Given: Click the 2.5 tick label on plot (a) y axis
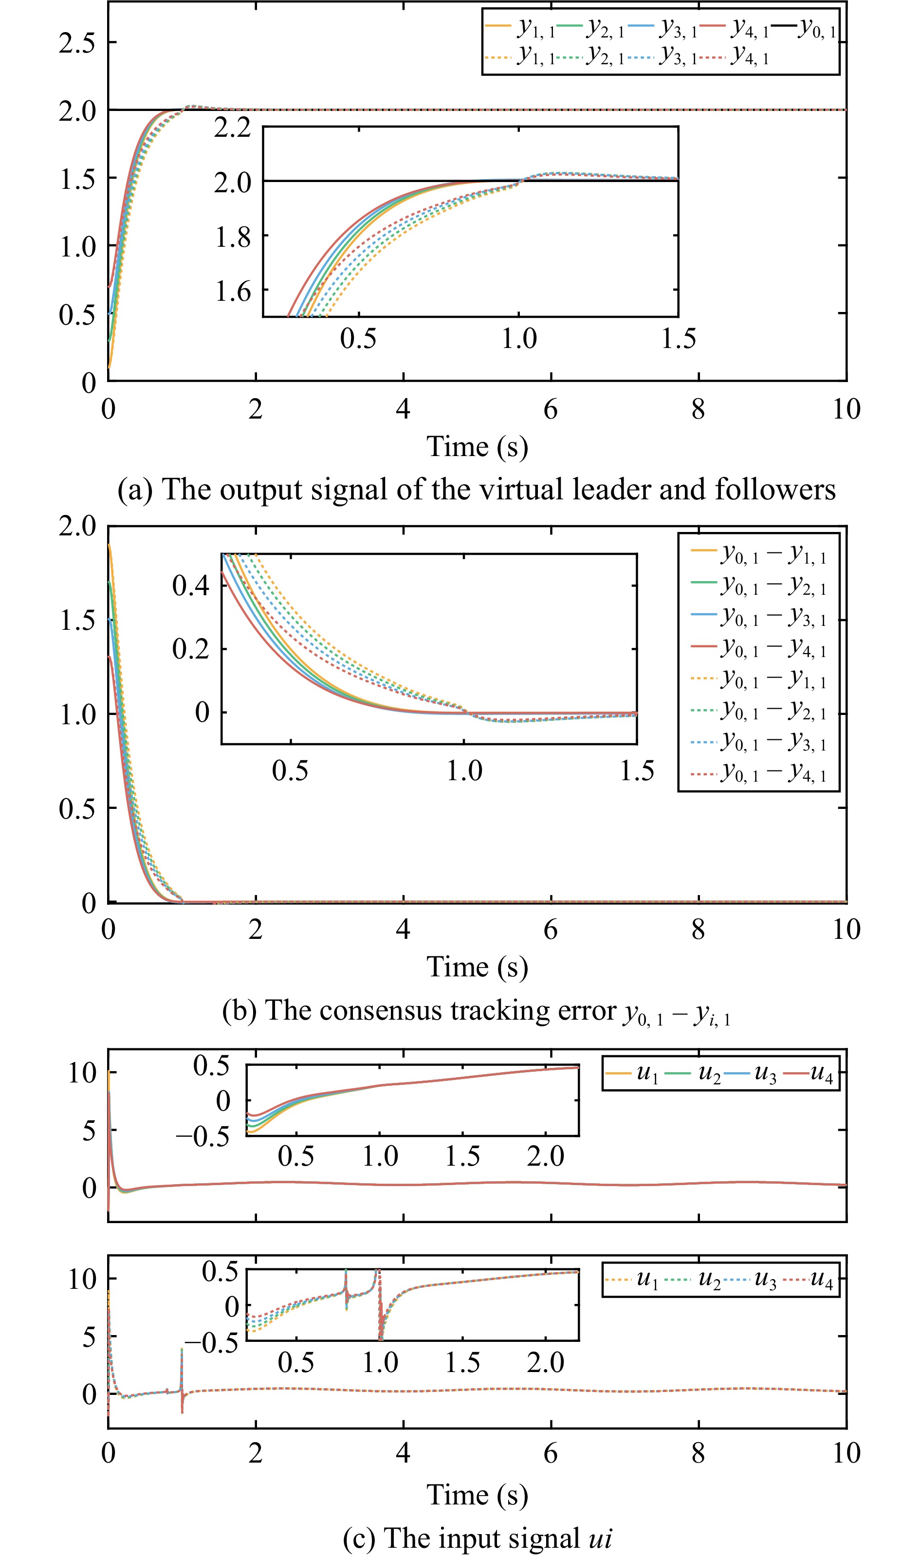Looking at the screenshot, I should [77, 43].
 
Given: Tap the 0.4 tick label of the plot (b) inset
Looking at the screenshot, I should [190, 586].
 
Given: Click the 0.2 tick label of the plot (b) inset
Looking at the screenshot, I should [190, 649].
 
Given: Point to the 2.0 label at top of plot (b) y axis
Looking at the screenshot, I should [77, 526].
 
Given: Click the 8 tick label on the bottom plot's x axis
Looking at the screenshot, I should [698, 1453].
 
